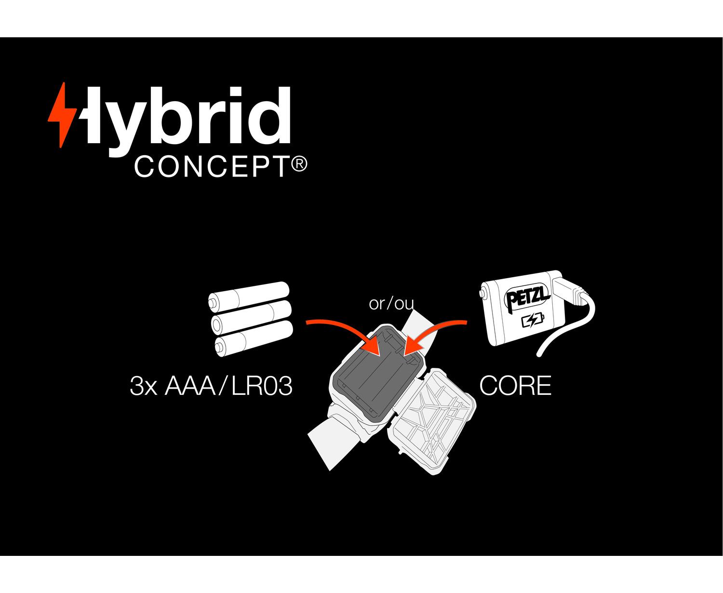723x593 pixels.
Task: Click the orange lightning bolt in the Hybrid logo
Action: click(x=62, y=115)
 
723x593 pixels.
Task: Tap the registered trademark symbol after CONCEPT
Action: click(x=299, y=164)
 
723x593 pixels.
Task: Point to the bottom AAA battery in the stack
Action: click(x=254, y=338)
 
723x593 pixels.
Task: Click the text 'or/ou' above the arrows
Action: click(x=391, y=304)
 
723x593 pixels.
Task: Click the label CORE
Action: click(x=515, y=386)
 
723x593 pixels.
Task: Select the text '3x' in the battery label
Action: click(x=144, y=386)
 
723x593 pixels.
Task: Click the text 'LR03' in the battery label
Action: click(x=262, y=386)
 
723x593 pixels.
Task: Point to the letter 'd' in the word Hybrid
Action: click(x=275, y=115)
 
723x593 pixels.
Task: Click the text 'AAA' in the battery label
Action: click(x=190, y=386)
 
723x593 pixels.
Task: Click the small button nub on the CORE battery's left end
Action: click(x=482, y=294)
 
